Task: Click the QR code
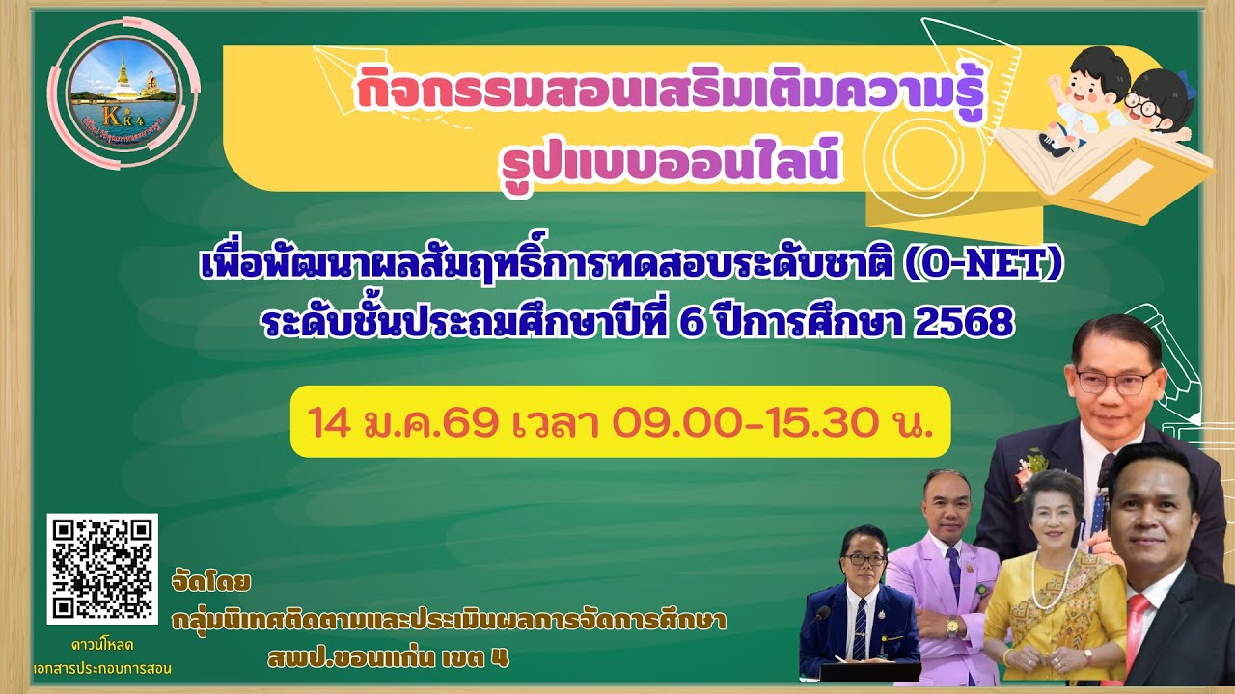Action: (x=102, y=569)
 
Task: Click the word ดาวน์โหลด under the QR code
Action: (x=102, y=643)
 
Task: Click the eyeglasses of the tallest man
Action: (x=1114, y=381)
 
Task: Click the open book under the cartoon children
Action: (x=1110, y=169)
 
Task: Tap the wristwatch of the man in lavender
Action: (x=953, y=627)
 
